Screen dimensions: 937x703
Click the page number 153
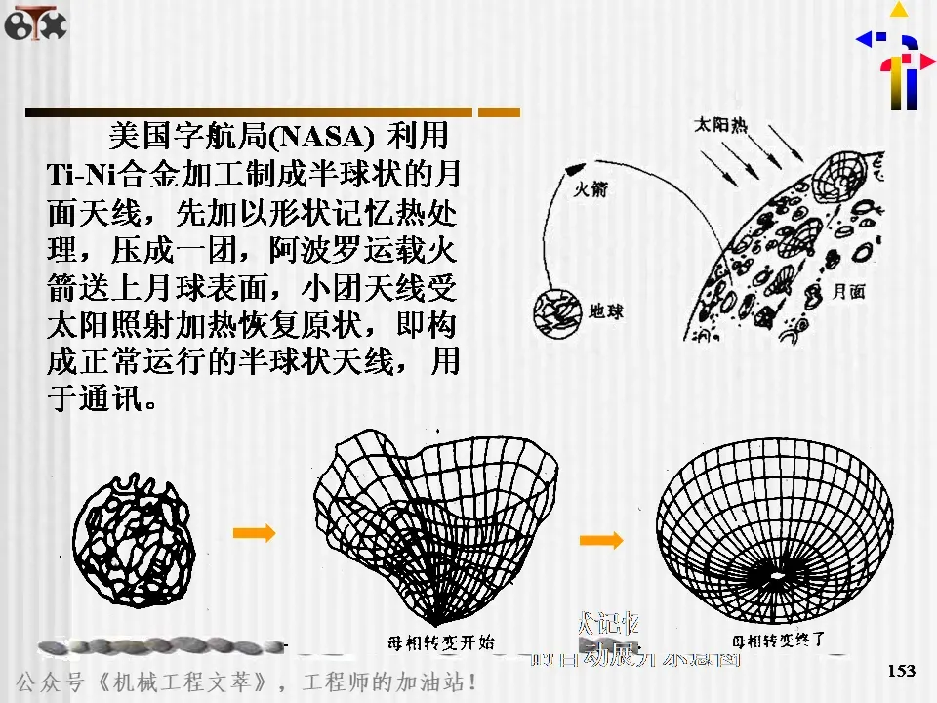[x=902, y=670]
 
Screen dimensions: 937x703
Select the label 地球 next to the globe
[x=606, y=312]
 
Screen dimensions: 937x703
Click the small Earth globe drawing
[x=556, y=312]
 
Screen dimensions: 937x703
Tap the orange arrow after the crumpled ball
[x=255, y=532]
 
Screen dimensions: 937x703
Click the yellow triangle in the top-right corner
[x=899, y=10]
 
